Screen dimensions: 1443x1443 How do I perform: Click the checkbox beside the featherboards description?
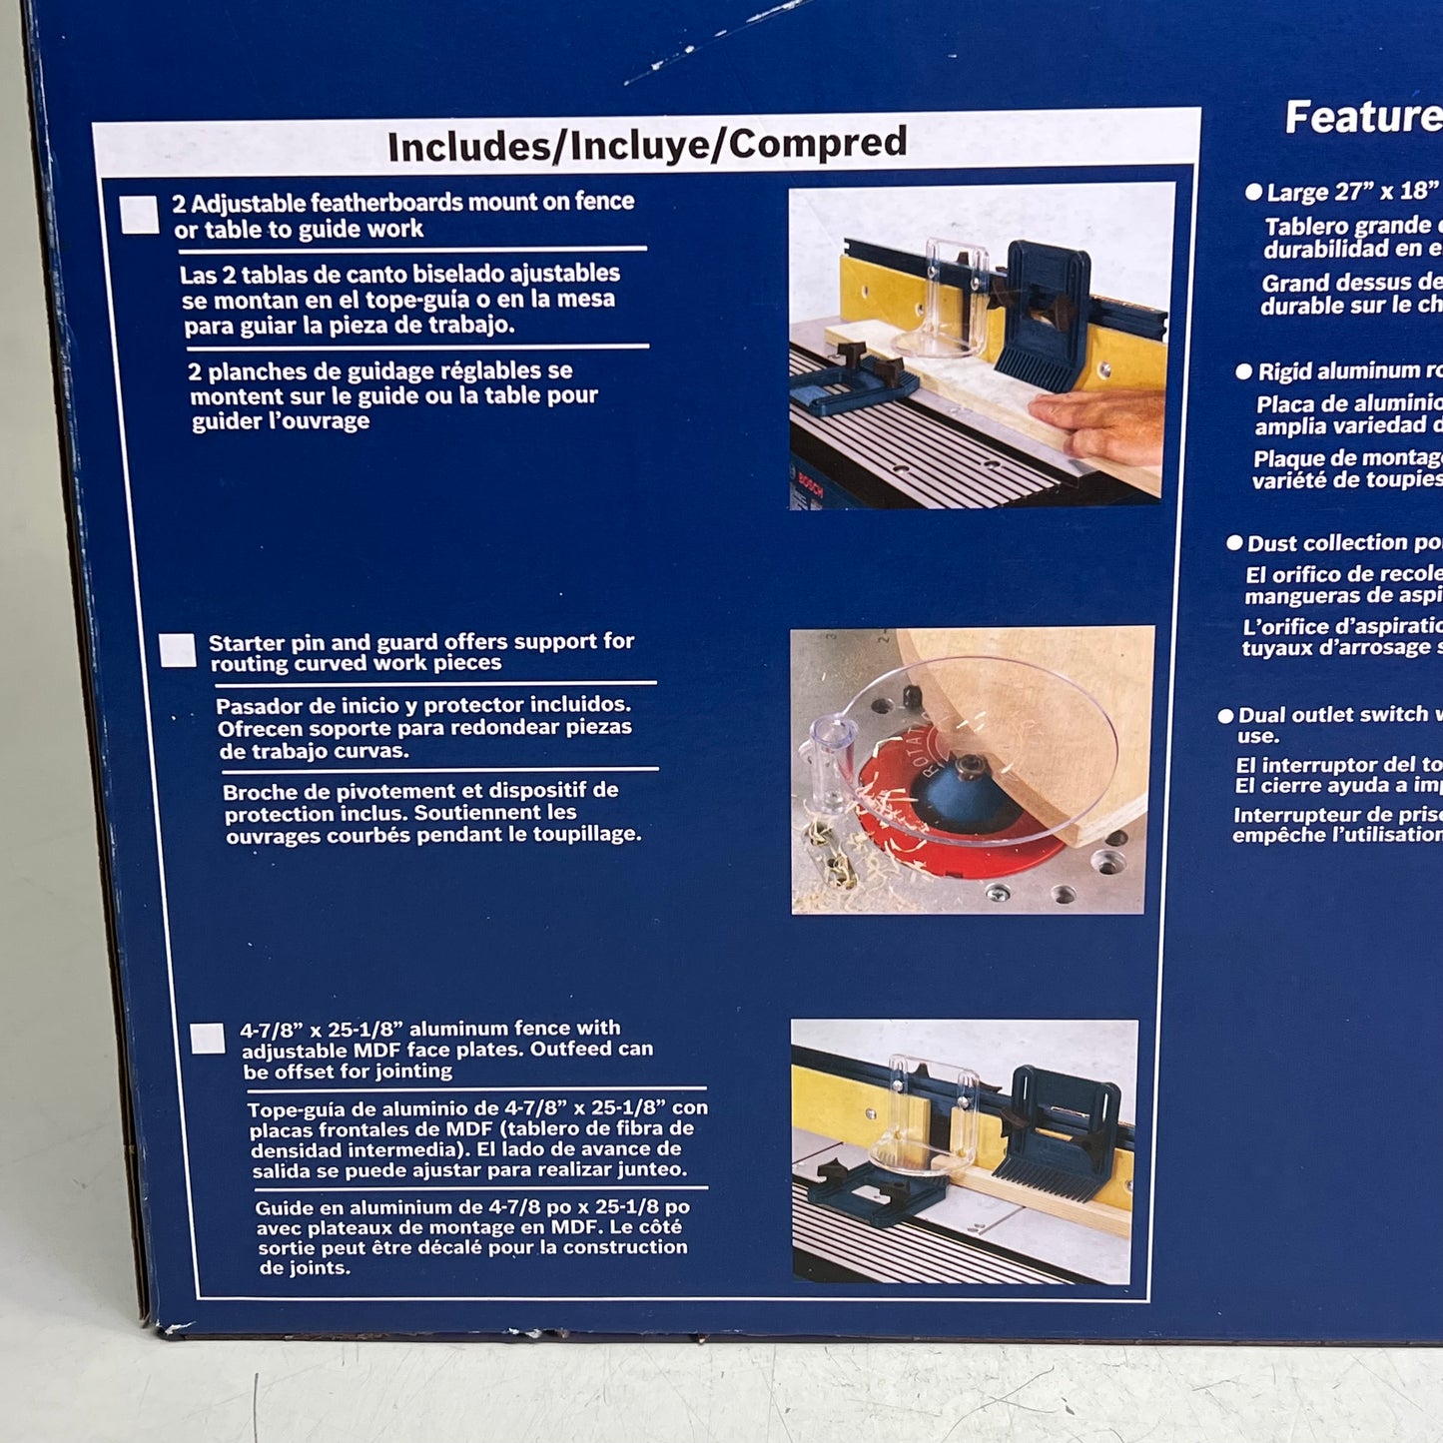(140, 215)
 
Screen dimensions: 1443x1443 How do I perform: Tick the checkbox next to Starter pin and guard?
(178, 650)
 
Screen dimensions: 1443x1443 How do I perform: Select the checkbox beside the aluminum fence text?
(208, 1039)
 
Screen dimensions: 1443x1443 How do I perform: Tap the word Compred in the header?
(818, 142)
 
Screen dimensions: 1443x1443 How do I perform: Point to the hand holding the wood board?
(1098, 424)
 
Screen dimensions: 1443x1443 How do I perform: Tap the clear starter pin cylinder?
(832, 759)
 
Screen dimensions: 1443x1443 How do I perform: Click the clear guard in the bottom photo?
(924, 1118)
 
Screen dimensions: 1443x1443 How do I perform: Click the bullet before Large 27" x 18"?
(1253, 192)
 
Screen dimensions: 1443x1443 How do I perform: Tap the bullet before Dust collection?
(1234, 543)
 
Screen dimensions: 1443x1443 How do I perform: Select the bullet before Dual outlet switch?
(1225, 715)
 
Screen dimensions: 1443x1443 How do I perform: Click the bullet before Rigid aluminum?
(1243, 371)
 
